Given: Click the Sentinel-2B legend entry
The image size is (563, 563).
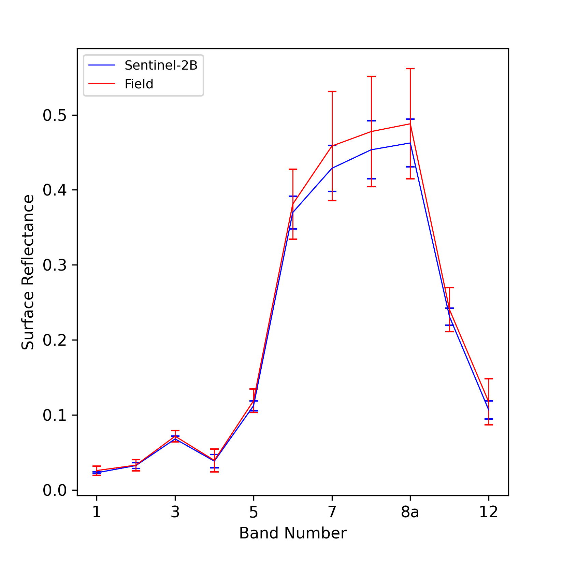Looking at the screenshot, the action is pos(143,65).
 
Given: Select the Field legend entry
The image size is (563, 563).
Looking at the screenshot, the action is pos(121,84).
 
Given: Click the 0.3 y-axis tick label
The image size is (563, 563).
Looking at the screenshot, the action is pos(55,265).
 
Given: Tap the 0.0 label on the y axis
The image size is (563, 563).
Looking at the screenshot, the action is pos(55,490).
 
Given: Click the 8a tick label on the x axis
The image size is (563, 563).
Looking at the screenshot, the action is pos(410,512).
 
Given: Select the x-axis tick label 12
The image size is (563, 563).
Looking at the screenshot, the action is pos(489,512).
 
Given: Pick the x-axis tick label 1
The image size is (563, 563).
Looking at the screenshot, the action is pos(97,512).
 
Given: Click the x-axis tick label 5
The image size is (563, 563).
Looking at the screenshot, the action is pos(253,512).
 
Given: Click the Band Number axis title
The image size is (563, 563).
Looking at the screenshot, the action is pos(293,533).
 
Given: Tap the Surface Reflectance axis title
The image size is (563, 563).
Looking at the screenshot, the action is pos(28,272).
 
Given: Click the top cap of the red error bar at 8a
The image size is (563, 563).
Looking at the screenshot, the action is pos(410,69).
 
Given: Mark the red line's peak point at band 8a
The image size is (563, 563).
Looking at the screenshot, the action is pos(410,124).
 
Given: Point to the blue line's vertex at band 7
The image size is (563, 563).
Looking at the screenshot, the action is pos(332,168).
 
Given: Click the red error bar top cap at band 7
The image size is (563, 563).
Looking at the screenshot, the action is pos(332,91).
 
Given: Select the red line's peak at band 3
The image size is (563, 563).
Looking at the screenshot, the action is pos(175,436).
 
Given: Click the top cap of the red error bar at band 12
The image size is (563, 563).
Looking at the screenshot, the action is pos(489,379).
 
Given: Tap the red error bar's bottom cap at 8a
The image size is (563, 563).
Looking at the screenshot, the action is pos(410,179).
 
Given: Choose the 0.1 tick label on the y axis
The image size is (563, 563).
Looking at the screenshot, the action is pos(55,415).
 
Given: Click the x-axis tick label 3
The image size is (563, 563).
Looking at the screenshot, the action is pos(175,512).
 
